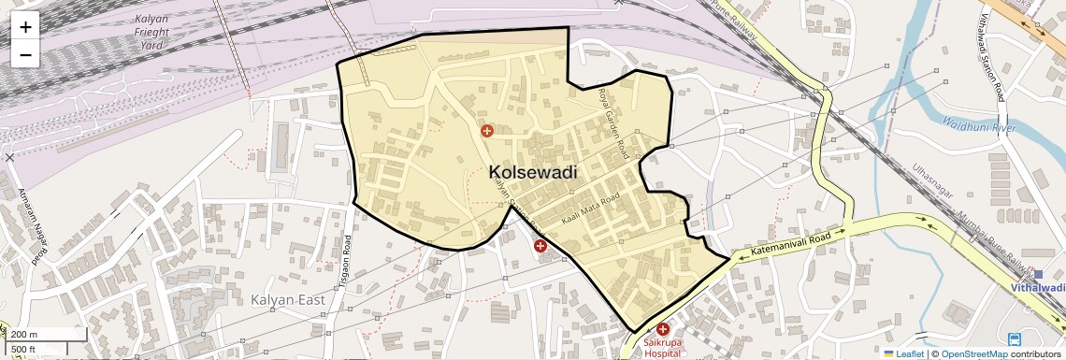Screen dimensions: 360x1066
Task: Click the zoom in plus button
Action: [25, 27]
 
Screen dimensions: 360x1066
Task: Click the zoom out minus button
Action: [25, 54]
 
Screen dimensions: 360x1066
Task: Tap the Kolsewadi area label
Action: [532, 173]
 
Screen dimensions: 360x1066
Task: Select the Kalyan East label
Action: [287, 299]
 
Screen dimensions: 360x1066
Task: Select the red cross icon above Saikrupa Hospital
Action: [663, 329]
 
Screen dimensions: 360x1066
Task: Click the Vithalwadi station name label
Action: [1038, 288]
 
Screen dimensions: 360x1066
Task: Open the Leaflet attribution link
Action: [902, 353]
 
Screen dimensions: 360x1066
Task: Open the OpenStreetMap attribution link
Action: [973, 353]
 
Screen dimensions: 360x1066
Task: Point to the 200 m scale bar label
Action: [24, 334]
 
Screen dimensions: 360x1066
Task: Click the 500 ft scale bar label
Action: [24, 349]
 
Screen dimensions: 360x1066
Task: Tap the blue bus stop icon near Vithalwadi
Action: [1015, 338]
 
